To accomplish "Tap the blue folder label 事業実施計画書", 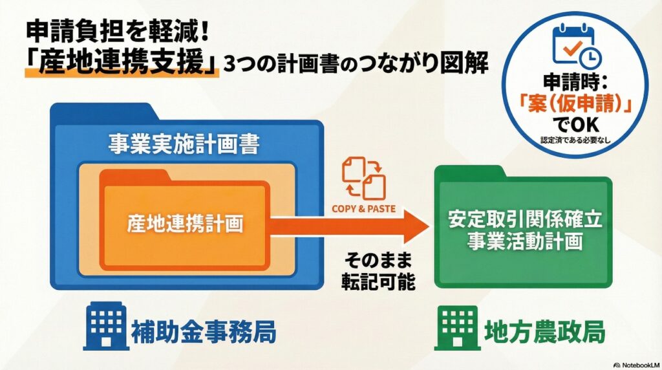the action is (184, 144).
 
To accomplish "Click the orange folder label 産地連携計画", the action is (185, 223).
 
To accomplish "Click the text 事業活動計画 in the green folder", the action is (525, 241).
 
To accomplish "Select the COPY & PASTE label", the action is (363, 209).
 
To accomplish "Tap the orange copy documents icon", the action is (364, 178).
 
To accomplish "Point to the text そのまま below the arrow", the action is (378, 260).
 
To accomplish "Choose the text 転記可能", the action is (378, 281).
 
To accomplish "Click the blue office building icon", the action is (106, 326).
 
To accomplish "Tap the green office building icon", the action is (457, 328).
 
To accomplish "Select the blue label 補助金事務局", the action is (204, 332).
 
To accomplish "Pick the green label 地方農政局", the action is (545, 332).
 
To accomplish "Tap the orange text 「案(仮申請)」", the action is (575, 103).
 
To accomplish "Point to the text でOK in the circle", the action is (575, 124).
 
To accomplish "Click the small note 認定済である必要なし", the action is (575, 140).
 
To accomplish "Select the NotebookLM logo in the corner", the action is (637, 365).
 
